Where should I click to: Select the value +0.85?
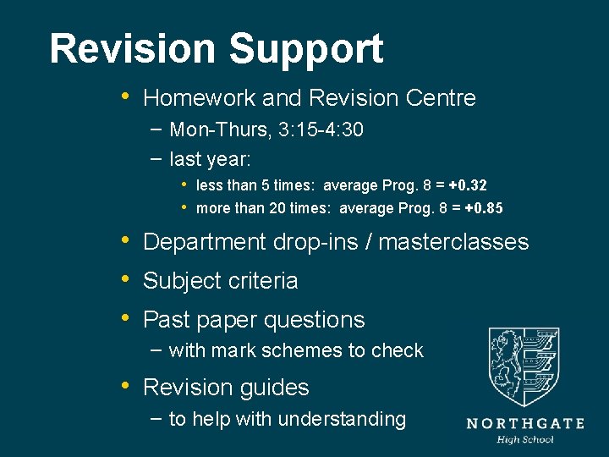[x=484, y=208]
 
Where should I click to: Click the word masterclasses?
[x=453, y=242]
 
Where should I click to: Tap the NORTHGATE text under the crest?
[x=524, y=423]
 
